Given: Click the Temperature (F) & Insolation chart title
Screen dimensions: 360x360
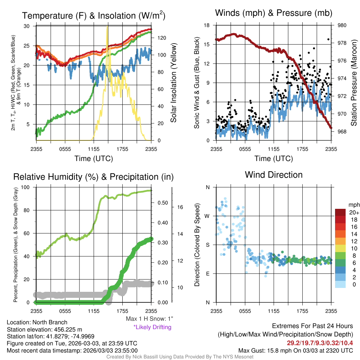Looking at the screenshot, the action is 94,15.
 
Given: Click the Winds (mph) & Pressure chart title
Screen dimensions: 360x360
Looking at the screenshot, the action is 274,13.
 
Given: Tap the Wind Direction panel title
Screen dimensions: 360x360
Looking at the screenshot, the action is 274,175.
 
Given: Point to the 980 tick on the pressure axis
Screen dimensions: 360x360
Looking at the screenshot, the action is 342,25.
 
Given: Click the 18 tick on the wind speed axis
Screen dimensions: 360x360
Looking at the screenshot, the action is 207,25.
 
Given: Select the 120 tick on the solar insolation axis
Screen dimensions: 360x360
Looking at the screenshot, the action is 162,38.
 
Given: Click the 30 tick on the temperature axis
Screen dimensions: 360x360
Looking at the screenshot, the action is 27,26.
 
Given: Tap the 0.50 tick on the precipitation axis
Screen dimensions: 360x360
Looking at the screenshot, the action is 162,203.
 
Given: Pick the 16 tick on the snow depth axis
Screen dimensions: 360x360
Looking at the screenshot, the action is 180,207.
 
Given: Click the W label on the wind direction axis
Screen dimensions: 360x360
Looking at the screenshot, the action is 207,216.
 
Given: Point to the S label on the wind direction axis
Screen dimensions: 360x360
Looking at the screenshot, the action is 207,245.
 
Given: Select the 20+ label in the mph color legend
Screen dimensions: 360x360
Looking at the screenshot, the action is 354,212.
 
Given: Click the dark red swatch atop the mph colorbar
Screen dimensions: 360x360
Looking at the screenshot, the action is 340,212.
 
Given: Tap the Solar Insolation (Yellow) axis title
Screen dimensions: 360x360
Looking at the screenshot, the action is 174,83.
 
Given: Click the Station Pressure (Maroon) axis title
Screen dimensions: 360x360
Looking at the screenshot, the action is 354,83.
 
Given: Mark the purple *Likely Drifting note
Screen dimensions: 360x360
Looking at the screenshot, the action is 153,327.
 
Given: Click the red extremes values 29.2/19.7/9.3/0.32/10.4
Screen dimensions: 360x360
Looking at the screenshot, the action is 320,343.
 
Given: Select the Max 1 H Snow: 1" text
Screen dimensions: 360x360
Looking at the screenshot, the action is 149,319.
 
